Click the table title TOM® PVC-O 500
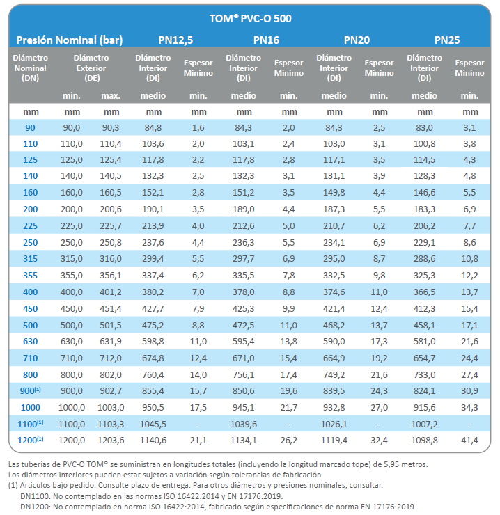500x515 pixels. (250, 18)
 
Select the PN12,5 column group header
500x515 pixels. (175, 40)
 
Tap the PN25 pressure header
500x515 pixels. (446, 40)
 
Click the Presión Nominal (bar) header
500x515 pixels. (69, 40)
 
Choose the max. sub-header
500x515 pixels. (111, 95)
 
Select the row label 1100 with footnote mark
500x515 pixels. (30, 424)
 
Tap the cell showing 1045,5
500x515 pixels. (153, 424)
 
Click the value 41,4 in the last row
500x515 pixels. (470, 440)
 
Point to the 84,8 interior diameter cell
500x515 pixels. (153, 127)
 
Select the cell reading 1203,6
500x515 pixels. (111, 440)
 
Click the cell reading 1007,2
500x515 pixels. (424, 424)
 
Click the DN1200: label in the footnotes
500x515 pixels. (38, 507)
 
